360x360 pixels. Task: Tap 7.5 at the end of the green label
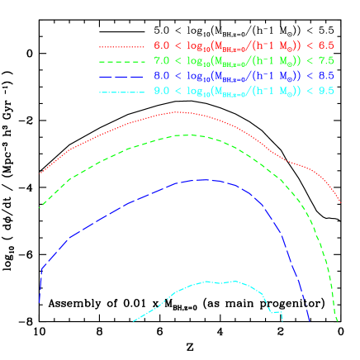point(326,61)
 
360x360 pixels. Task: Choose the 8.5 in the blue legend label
point(326,76)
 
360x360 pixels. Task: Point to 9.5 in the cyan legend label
point(326,91)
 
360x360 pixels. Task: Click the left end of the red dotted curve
point(40,173)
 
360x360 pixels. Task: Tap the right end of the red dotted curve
point(341,201)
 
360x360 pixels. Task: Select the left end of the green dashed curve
point(40,207)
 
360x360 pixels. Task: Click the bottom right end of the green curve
point(337,321)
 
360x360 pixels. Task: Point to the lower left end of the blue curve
point(39,303)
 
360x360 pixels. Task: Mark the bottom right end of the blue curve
point(310,321)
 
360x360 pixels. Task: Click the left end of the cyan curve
point(132,321)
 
